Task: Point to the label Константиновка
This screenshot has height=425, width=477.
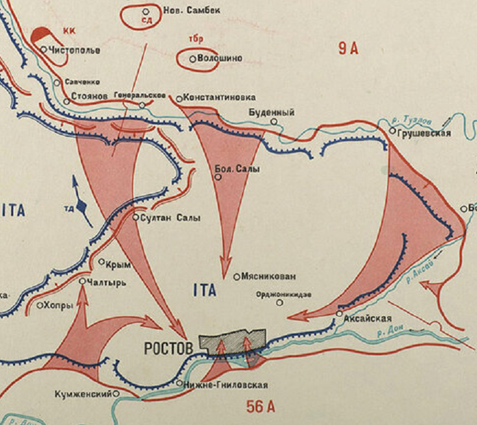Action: click(x=219, y=98)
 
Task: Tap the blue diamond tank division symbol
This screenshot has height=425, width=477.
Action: click(x=82, y=204)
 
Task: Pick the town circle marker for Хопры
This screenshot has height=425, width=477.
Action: click(x=40, y=305)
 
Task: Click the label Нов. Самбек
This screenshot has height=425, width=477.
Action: click(x=187, y=11)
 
